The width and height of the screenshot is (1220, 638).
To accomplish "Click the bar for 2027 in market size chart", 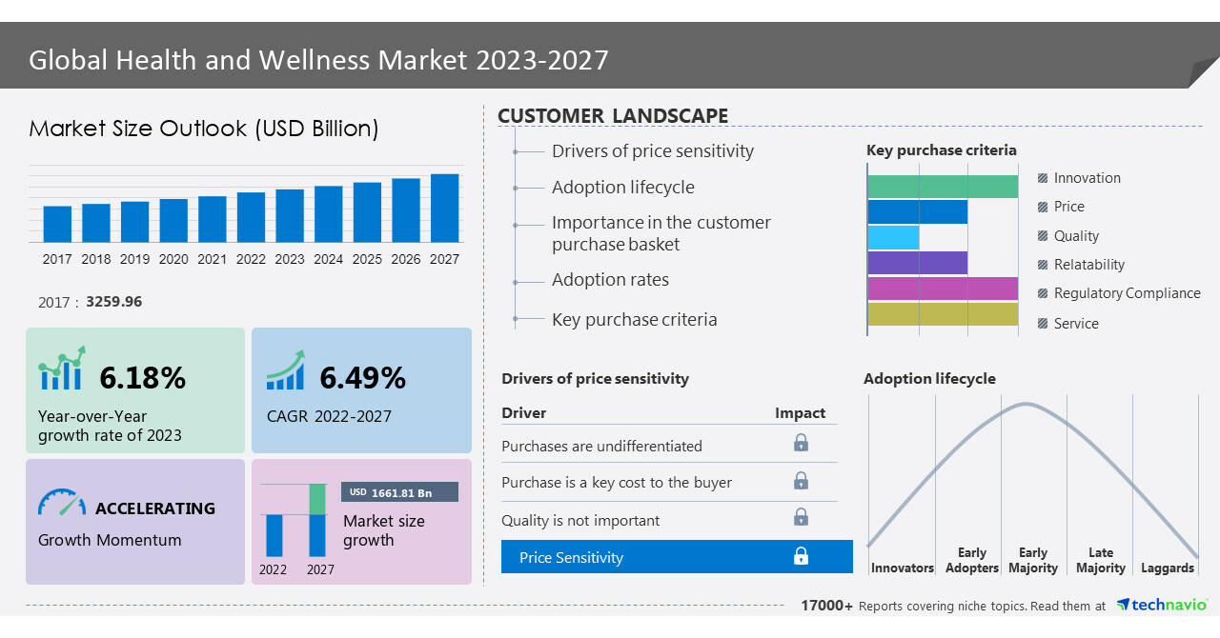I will [x=444, y=208].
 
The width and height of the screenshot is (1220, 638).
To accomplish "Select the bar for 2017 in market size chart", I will [x=57, y=224].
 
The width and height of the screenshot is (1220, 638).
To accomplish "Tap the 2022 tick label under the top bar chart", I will [x=251, y=259].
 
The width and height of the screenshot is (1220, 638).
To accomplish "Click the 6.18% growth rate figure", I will [x=142, y=378].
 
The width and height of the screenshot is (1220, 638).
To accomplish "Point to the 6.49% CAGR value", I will [x=362, y=378].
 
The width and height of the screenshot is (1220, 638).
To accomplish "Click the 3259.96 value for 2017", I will [x=113, y=302].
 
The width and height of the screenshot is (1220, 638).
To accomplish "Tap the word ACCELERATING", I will [x=155, y=508].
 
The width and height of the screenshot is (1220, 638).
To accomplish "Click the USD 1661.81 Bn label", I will [x=399, y=492].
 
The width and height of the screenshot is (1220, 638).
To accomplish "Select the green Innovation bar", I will [x=943, y=187].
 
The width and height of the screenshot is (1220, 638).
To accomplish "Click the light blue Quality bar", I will [x=893, y=237].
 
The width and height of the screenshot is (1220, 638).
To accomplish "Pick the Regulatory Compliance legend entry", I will [x=1127, y=293].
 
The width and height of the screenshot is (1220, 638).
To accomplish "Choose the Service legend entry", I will [x=1075, y=324].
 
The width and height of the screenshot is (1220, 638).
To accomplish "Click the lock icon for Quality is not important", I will [x=801, y=518].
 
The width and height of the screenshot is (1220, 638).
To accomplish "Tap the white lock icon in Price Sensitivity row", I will [x=801, y=556].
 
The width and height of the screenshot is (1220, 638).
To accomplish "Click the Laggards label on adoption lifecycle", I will [x=1167, y=568].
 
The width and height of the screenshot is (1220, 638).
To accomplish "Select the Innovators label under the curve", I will [x=902, y=568].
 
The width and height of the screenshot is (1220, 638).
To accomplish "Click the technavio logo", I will [x=1162, y=605].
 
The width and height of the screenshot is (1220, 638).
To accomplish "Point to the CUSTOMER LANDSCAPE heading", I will [x=613, y=116].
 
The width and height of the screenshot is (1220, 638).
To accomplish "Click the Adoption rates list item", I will [x=610, y=280].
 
